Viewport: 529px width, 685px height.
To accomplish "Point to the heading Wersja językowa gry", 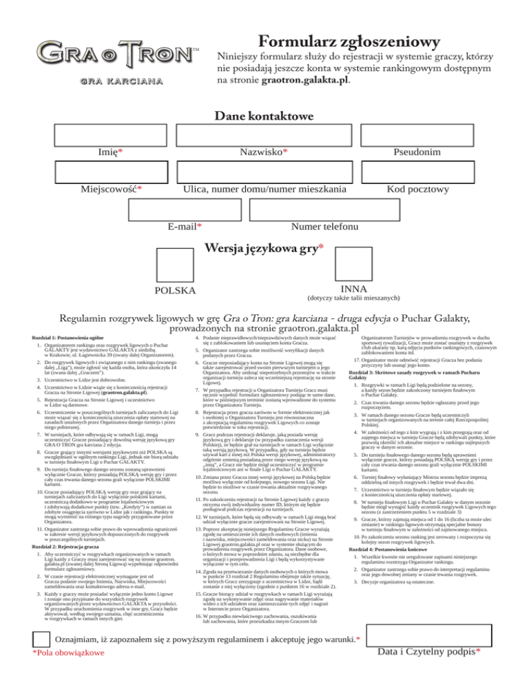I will [264, 246].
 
